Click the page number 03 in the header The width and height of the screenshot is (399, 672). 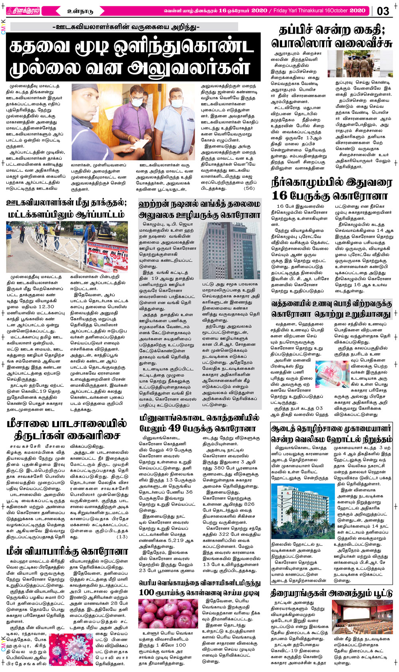click(x=383, y=11)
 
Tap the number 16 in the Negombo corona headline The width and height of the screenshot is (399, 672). click(x=279, y=195)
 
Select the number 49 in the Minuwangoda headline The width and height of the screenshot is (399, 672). click(x=174, y=428)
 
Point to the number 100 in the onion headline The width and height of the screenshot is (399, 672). click(x=146, y=592)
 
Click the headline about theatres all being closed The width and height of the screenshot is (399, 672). click(x=332, y=593)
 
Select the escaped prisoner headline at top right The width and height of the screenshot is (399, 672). click(x=332, y=36)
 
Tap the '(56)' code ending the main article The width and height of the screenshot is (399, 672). click(x=249, y=188)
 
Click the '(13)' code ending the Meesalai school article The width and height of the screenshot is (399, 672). click(x=122, y=537)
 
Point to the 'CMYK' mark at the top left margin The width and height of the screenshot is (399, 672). click(x=4, y=27)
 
